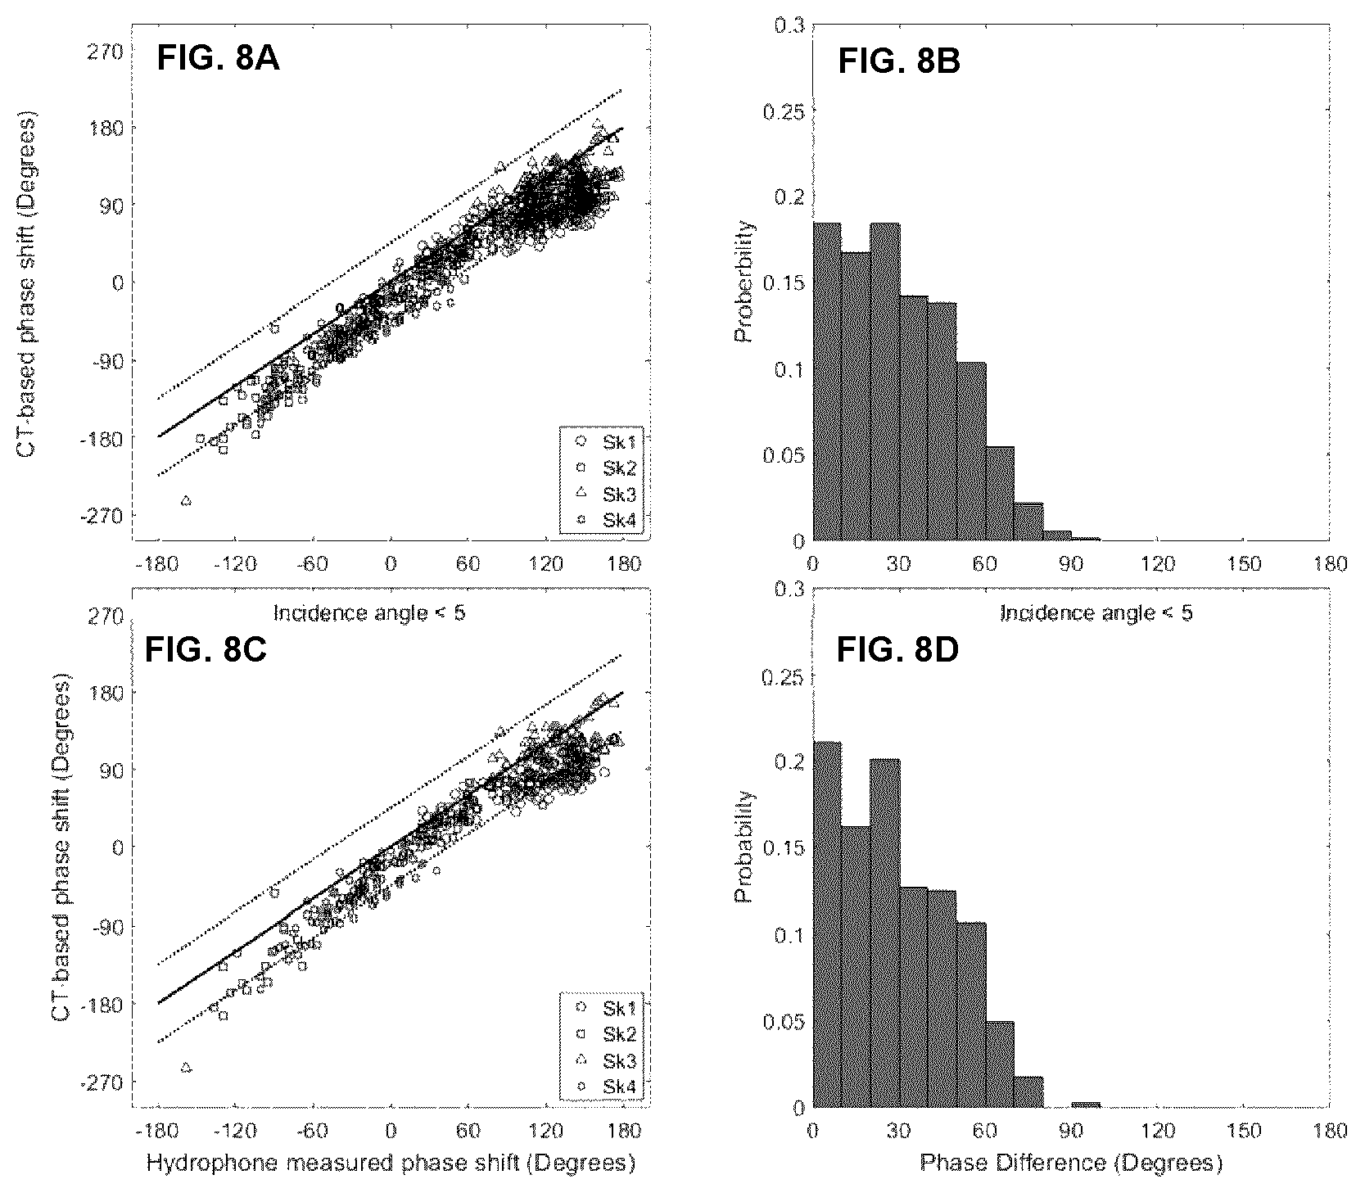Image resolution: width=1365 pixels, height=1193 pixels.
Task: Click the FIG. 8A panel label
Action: pos(218,60)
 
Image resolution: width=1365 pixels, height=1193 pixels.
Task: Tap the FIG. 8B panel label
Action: pos(898,62)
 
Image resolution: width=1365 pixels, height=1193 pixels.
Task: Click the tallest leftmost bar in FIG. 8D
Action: pos(827,925)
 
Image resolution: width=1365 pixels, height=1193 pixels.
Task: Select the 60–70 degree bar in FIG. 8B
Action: pos(1000,494)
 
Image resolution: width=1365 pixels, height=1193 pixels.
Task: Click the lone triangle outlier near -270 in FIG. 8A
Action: pos(186,500)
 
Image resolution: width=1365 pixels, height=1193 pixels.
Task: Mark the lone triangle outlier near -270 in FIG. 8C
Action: pos(186,1067)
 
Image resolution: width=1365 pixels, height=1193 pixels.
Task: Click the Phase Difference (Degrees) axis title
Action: pos(1071,1163)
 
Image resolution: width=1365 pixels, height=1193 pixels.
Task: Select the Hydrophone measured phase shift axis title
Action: pos(391,1163)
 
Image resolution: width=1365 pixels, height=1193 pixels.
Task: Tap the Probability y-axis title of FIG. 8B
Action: pos(744,282)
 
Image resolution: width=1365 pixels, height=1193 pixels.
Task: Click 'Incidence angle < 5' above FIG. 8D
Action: pos(1096,612)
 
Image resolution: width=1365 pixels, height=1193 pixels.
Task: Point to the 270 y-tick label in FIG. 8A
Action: pos(105,51)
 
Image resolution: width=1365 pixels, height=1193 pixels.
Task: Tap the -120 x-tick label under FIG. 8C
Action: pos(234,1132)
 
